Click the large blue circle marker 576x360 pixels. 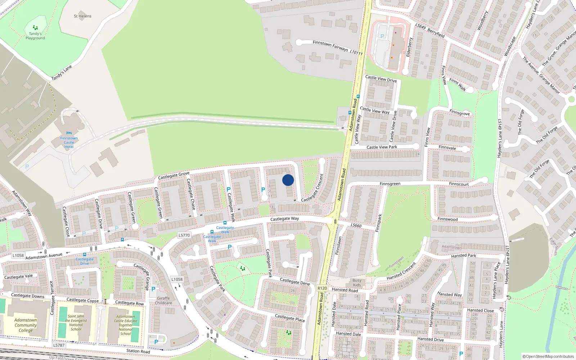(288, 180)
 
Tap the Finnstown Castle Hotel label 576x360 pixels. (69, 143)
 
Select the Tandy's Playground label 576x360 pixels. (35, 36)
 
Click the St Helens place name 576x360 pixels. (82, 16)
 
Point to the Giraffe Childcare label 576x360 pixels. (163, 301)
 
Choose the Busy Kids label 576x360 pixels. (357, 283)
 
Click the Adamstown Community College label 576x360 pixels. (26, 325)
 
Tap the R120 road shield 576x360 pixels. (322, 288)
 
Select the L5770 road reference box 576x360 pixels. (184, 235)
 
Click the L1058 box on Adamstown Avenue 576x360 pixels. (18, 256)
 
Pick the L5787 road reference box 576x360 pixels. (59, 345)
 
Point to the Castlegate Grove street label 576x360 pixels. (174, 176)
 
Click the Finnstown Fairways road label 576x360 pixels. (330, 45)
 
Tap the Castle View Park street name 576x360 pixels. (382, 147)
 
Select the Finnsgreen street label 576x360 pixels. (390, 184)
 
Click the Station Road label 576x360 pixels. (138, 351)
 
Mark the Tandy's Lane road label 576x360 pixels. (62, 73)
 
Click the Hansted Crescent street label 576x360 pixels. (401, 271)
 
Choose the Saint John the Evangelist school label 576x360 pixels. (76, 323)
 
